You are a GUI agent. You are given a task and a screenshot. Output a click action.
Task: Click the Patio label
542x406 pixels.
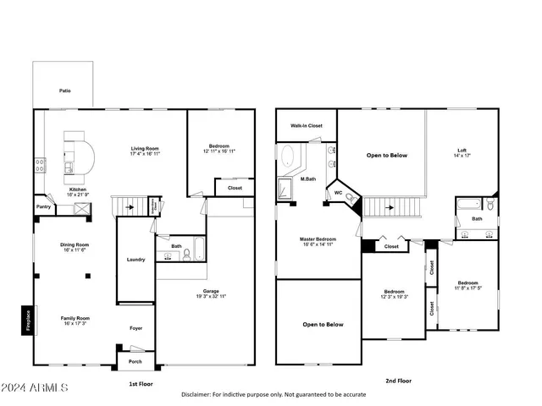coord(65,91)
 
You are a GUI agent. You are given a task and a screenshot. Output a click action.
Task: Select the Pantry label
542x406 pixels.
coord(42,206)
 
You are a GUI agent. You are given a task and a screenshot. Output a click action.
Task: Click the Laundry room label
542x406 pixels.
coord(135,260)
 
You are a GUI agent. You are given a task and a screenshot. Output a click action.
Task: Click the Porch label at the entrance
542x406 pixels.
coord(136,361)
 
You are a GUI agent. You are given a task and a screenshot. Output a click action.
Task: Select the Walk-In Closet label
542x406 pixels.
coord(306,125)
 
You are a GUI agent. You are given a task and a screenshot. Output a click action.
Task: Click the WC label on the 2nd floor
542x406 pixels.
coord(338,193)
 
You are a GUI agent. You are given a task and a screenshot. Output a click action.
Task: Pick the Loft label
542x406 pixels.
coord(462,151)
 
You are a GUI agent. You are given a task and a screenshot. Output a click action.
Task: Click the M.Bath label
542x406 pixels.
coord(308,179)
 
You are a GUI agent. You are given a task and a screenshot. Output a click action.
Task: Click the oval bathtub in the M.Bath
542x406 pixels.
coord(289,157)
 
